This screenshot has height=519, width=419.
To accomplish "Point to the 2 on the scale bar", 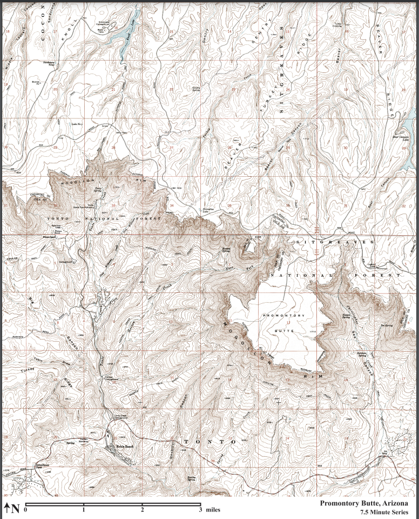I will point(142,510).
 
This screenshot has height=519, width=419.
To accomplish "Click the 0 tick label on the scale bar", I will point(26,510).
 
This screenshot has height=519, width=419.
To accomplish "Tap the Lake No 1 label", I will point(77,124).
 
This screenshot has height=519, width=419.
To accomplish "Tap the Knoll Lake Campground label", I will point(107,23).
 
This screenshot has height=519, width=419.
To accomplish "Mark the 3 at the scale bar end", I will point(200,510).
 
